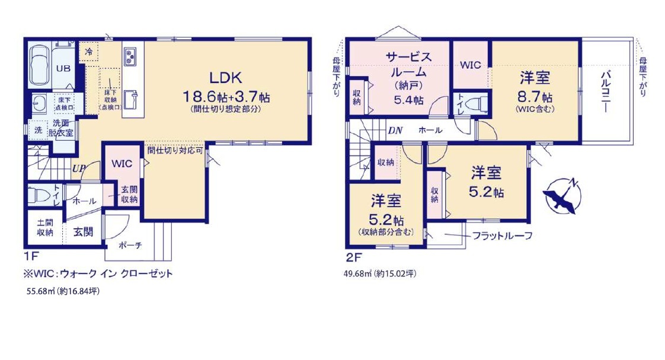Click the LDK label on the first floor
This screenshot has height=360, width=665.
[226, 78]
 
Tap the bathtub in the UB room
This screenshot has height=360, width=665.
[40, 64]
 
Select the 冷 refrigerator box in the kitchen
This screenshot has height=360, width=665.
[89, 52]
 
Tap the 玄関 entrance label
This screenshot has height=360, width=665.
[83, 232]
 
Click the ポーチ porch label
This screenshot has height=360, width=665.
[130, 246]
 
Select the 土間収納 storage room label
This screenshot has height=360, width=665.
[45, 228]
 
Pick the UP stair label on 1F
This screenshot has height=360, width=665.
[79, 168]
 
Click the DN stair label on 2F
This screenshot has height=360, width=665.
[395, 130]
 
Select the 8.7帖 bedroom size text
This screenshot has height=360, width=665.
[535, 97]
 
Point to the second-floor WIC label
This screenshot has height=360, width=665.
[471, 65]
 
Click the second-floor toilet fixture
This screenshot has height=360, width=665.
[477, 104]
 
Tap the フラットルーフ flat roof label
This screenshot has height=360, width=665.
[502, 235]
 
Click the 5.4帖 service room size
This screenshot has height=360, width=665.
[408, 100]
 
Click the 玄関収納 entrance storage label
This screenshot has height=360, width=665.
[129, 194]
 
